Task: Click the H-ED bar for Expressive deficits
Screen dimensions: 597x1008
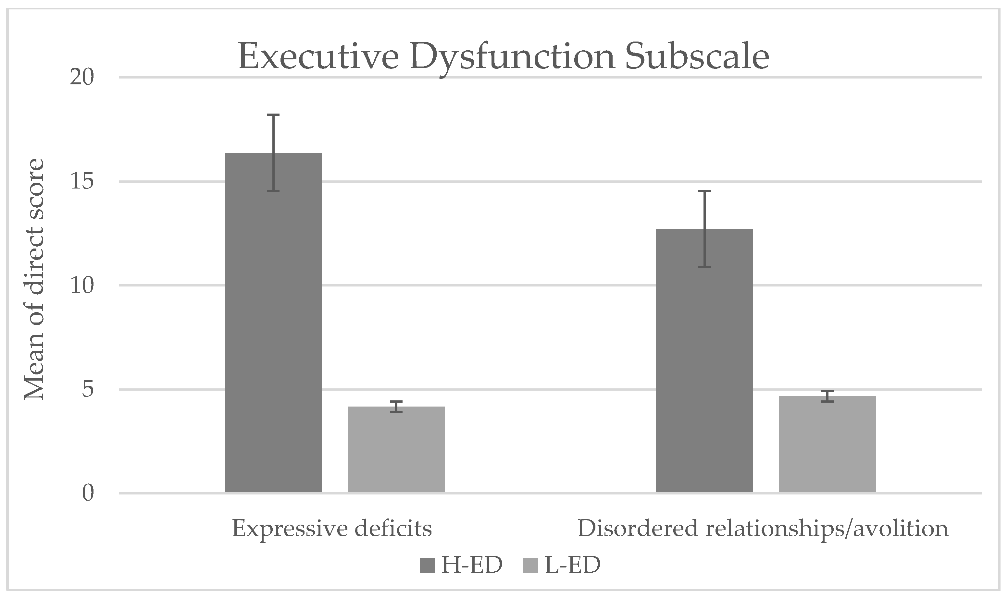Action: pyautogui.click(x=273, y=322)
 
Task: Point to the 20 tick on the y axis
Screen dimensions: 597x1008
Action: pyautogui.click(x=82, y=77)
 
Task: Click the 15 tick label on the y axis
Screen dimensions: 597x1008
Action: pyautogui.click(x=82, y=181)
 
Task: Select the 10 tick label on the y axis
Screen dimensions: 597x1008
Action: pyautogui.click(x=82, y=286)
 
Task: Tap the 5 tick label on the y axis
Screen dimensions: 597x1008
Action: pyautogui.click(x=88, y=389)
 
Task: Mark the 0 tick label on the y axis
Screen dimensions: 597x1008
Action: pyautogui.click(x=88, y=493)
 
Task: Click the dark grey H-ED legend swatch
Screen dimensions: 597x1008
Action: pyautogui.click(x=427, y=566)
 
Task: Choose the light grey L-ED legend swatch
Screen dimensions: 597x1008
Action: pyautogui.click(x=531, y=566)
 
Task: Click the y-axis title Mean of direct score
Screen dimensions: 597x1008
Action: pyautogui.click(x=34, y=280)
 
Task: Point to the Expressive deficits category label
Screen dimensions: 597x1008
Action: pyautogui.click(x=332, y=529)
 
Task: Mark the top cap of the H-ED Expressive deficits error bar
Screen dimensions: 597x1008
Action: pyautogui.click(x=273, y=115)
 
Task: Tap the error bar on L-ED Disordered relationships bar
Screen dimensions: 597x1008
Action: pyautogui.click(x=827, y=396)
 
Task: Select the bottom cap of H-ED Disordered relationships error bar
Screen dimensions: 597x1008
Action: pyautogui.click(x=704, y=267)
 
